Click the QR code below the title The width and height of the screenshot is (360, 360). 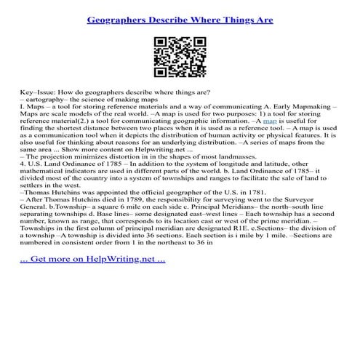(x=179, y=54)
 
